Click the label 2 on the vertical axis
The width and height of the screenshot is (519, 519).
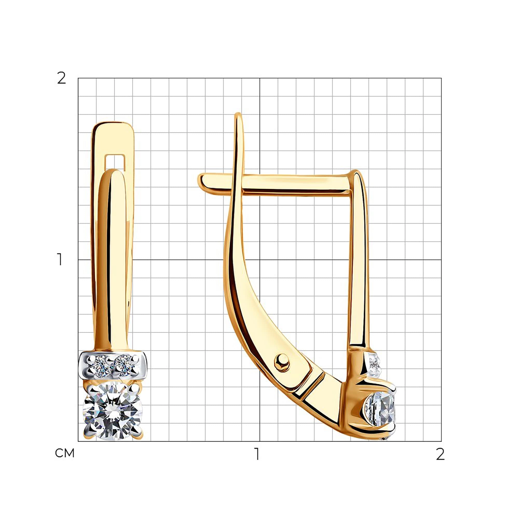point(62,78)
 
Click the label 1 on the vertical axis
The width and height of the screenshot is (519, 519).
point(60,259)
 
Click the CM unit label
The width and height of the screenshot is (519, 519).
point(65,453)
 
